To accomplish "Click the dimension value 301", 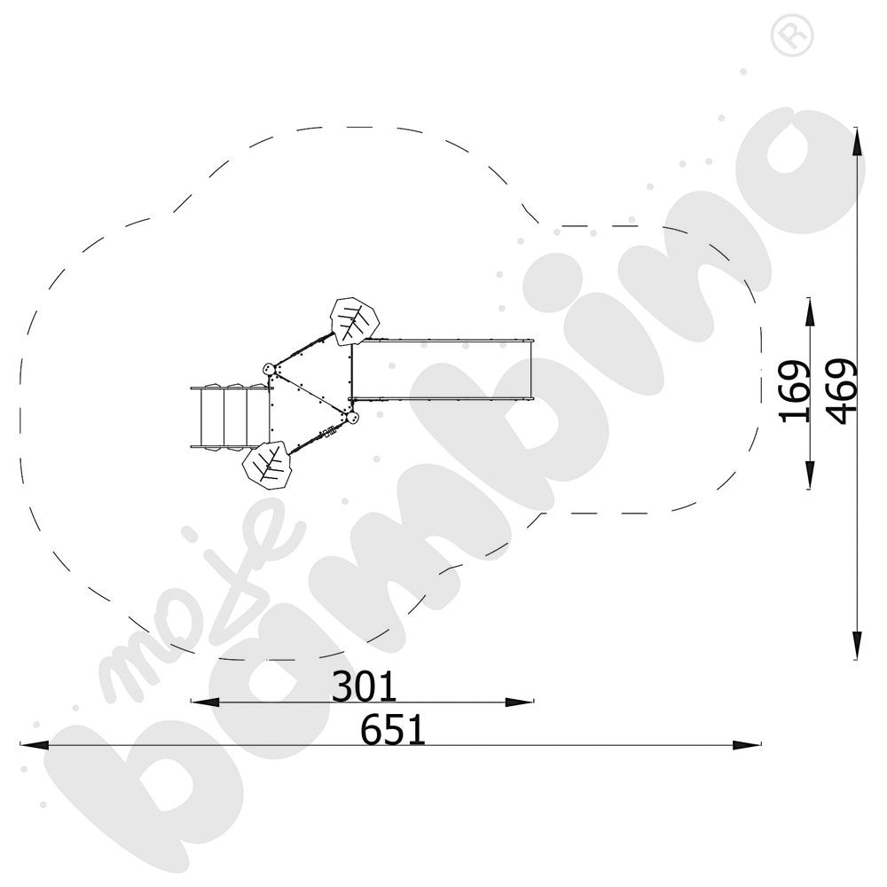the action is tap(364, 687).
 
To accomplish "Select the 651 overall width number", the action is tap(393, 730).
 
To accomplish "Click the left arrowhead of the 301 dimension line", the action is tap(205, 702).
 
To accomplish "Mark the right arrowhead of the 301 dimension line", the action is tap(519, 702).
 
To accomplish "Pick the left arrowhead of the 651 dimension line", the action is tap(35, 745).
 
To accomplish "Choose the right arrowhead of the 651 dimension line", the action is tap(747, 745).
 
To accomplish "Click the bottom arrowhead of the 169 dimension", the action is tap(810, 475).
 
